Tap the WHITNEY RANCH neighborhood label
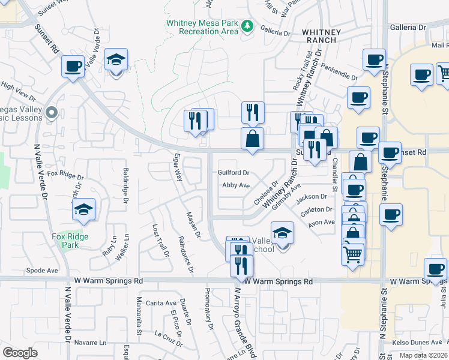pos(321,36)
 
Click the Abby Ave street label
pos(236,185)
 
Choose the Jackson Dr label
pos(311,196)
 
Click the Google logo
pos(20,353)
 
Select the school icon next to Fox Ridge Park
pos(84,209)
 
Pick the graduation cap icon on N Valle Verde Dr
pos(116,60)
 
